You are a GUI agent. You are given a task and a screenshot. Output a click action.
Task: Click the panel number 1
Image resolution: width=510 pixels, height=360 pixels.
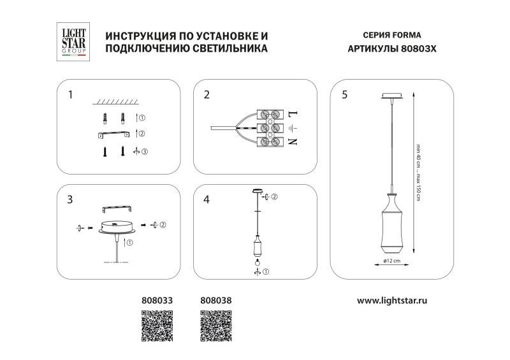71,96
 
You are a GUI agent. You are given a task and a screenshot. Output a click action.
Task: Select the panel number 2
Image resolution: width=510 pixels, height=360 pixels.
207,96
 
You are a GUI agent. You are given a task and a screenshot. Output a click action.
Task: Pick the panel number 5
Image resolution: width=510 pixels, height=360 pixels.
344,96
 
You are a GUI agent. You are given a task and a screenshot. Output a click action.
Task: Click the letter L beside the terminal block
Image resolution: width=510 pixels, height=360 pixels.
294,115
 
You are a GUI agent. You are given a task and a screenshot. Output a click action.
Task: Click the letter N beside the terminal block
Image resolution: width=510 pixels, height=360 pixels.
294,142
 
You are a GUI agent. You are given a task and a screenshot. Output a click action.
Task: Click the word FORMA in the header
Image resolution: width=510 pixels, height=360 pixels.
407,36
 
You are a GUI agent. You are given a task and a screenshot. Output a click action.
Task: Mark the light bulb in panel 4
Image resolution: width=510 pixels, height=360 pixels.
257,261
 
